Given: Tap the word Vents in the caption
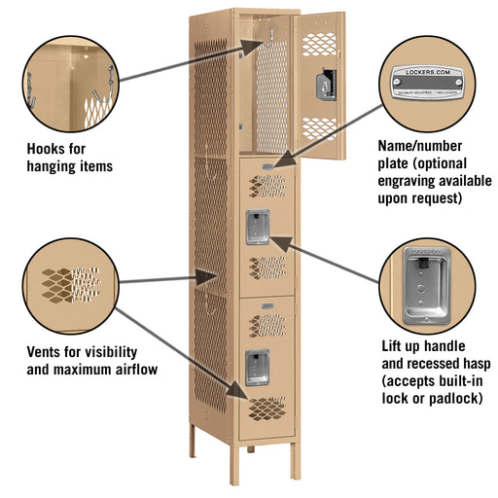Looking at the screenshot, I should (47, 351).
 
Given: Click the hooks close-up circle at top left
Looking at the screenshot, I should (68, 79).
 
